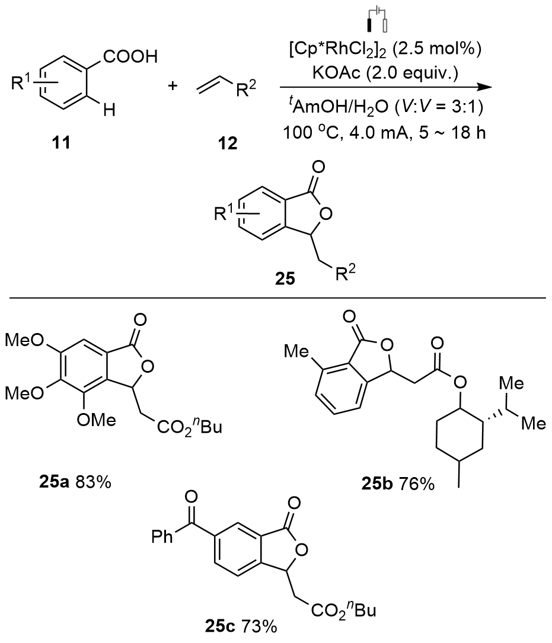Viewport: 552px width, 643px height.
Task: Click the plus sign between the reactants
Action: click(x=173, y=86)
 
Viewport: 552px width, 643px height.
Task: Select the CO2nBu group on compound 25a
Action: click(x=190, y=427)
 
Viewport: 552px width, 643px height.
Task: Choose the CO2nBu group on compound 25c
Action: click(x=343, y=609)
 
